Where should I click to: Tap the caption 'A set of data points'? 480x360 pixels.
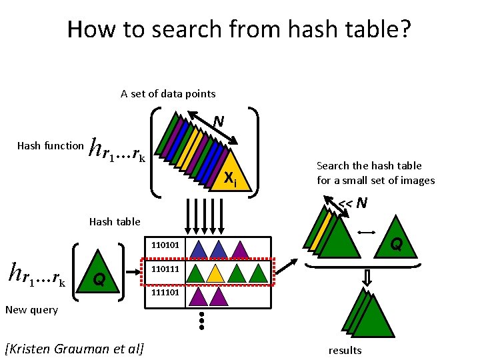(168, 93)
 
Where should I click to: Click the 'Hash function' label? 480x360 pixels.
(51, 145)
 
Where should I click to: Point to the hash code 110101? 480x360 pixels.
(164, 245)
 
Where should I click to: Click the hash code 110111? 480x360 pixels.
(164, 270)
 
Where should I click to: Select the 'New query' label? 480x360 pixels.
(31, 309)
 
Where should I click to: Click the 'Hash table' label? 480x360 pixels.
(115, 221)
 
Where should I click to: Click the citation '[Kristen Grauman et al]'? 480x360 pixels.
(75, 349)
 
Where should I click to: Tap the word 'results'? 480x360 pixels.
(345, 350)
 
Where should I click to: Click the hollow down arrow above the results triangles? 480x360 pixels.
(367, 276)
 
